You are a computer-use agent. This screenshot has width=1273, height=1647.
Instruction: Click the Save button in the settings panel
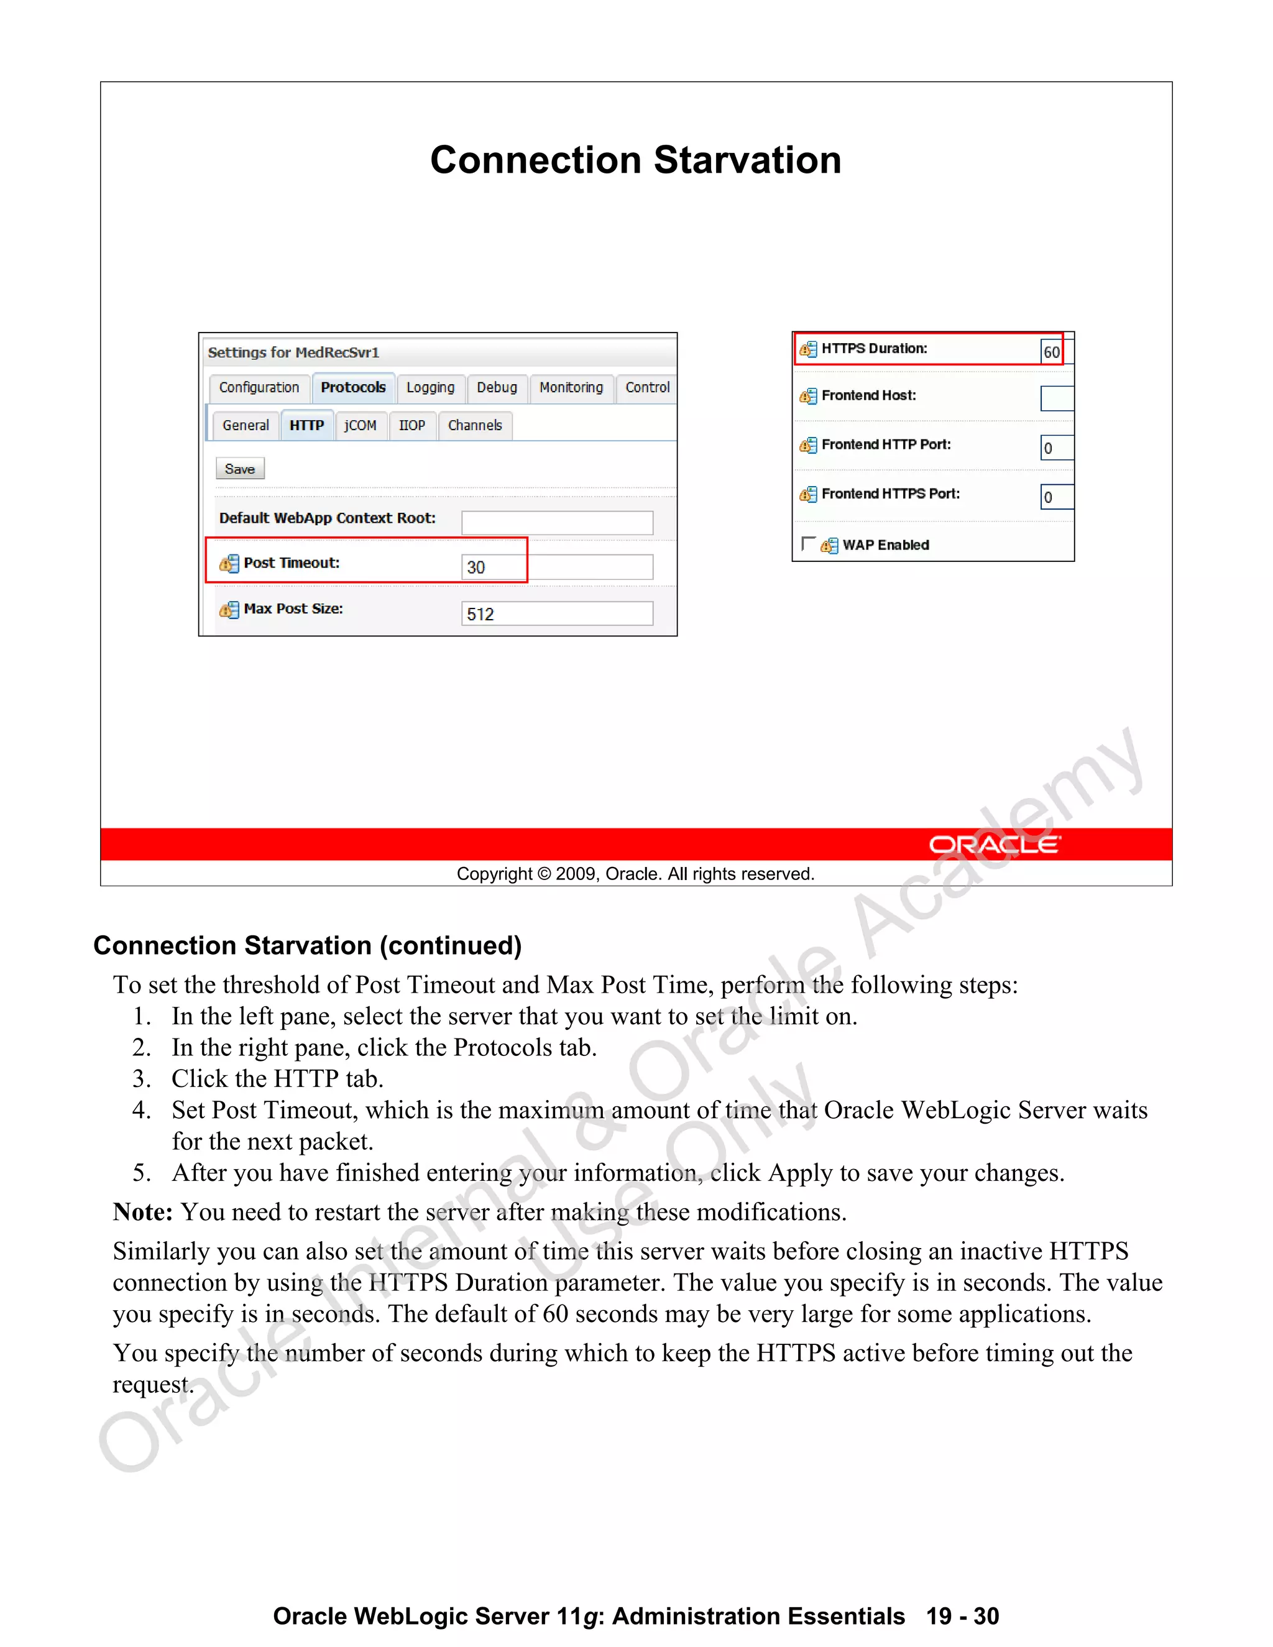click(240, 469)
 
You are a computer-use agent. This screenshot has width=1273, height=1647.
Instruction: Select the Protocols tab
click(353, 388)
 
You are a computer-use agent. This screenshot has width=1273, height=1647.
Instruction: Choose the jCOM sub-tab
click(361, 425)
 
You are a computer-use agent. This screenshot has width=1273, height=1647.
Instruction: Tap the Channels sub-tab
click(474, 425)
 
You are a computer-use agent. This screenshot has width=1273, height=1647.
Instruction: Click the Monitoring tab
click(571, 388)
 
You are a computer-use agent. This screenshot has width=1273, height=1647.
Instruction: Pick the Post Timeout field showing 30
click(556, 567)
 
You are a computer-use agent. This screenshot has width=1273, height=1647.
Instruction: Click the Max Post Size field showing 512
click(556, 614)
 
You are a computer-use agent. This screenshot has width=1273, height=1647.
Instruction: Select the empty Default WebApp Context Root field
click(556, 523)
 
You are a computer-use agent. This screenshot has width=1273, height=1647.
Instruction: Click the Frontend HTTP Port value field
click(1057, 448)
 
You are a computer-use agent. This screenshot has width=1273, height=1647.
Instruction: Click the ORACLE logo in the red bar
click(994, 845)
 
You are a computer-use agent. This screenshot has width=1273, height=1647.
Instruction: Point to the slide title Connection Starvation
click(636, 160)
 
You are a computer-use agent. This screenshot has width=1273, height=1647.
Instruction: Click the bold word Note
click(142, 1212)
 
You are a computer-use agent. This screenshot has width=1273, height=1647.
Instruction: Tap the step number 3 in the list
click(141, 1079)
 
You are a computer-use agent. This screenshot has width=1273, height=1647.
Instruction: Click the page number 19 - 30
click(962, 1616)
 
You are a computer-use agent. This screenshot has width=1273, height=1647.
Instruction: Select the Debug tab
click(497, 388)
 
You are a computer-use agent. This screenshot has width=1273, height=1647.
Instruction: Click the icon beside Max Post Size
click(229, 609)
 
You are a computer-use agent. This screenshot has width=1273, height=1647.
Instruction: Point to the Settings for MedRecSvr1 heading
click(293, 352)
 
